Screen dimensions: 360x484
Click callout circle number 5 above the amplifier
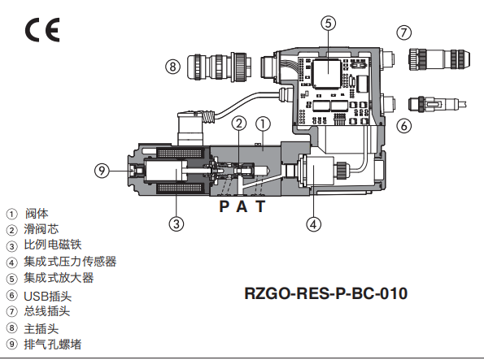pyautogui.click(x=328, y=23)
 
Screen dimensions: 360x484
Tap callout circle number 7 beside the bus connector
pyautogui.click(x=404, y=33)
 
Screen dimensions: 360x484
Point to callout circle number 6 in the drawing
pyautogui.click(x=404, y=124)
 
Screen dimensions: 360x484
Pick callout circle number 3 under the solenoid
pyautogui.click(x=176, y=223)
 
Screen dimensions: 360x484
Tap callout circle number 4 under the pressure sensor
pyautogui.click(x=315, y=223)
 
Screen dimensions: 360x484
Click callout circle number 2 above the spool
pyautogui.click(x=238, y=123)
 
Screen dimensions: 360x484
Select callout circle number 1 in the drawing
pyautogui.click(x=263, y=123)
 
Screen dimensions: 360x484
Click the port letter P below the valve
pyautogui.click(x=225, y=206)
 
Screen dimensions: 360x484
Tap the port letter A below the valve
pyautogui.click(x=242, y=206)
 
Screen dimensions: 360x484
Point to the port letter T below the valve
pyautogui.click(x=259, y=206)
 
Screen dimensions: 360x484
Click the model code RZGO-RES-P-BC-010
pyautogui.click(x=325, y=293)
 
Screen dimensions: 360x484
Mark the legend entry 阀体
pyautogui.click(x=36, y=213)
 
